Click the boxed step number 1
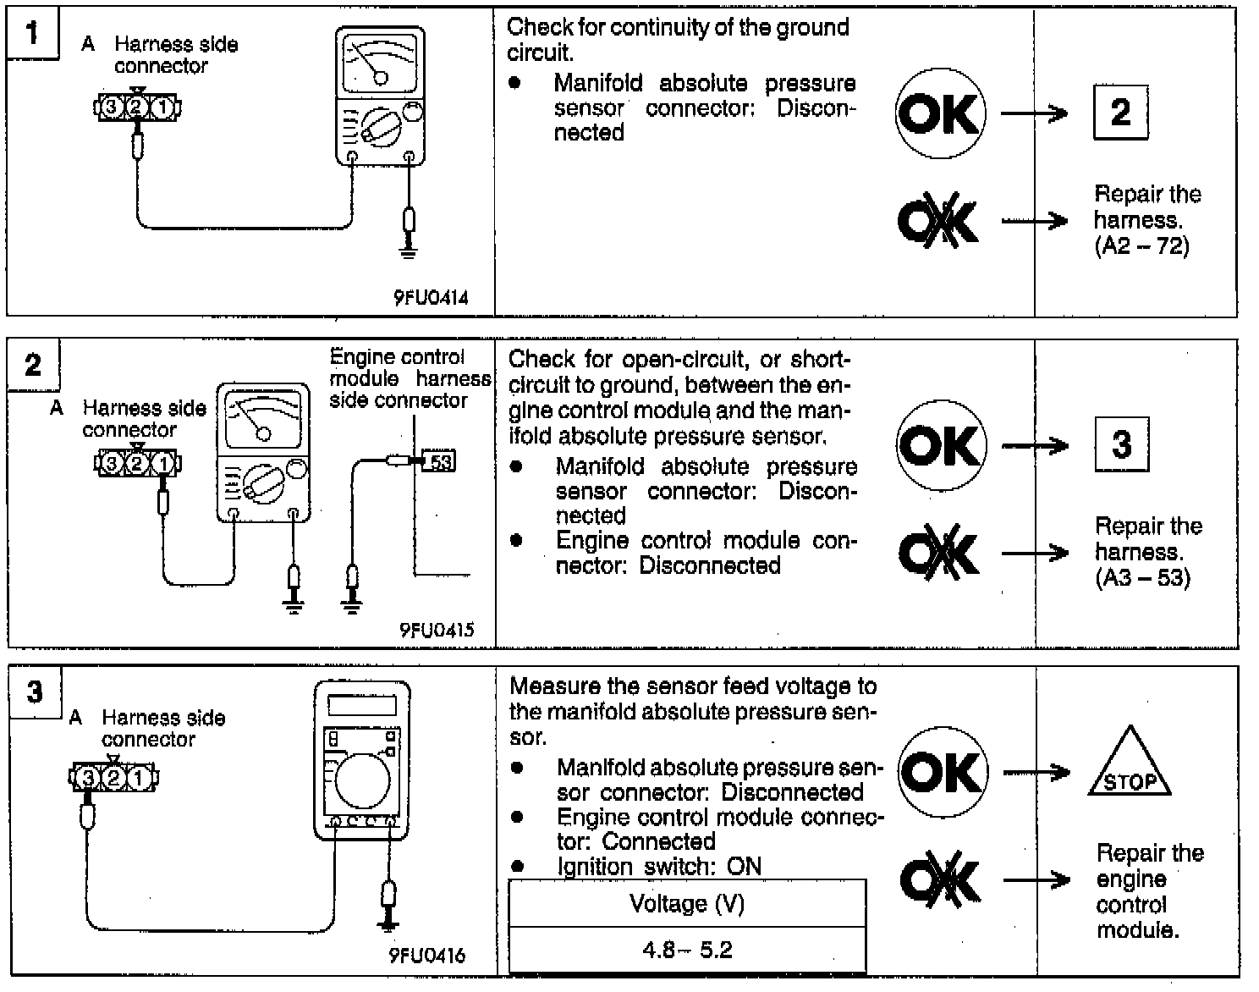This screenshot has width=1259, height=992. [x=32, y=34]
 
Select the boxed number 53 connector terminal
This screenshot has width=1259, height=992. [x=439, y=461]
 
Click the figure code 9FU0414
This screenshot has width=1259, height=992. [x=431, y=298]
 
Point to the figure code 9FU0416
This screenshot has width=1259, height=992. [x=427, y=956]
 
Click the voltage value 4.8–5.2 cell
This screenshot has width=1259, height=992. [x=687, y=950]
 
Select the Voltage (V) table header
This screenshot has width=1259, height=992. [x=687, y=904]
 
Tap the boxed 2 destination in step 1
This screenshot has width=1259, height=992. [x=1120, y=112]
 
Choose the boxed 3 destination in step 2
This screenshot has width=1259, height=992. [x=1122, y=444]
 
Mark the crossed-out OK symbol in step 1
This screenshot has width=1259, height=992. [x=938, y=222]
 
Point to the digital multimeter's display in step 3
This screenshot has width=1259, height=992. [x=361, y=705]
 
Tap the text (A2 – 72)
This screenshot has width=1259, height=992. [x=1141, y=246]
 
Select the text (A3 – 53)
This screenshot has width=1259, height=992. [x=1142, y=578]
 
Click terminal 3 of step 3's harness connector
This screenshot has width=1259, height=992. [x=87, y=777]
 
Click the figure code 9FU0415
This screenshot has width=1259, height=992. [x=437, y=630]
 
